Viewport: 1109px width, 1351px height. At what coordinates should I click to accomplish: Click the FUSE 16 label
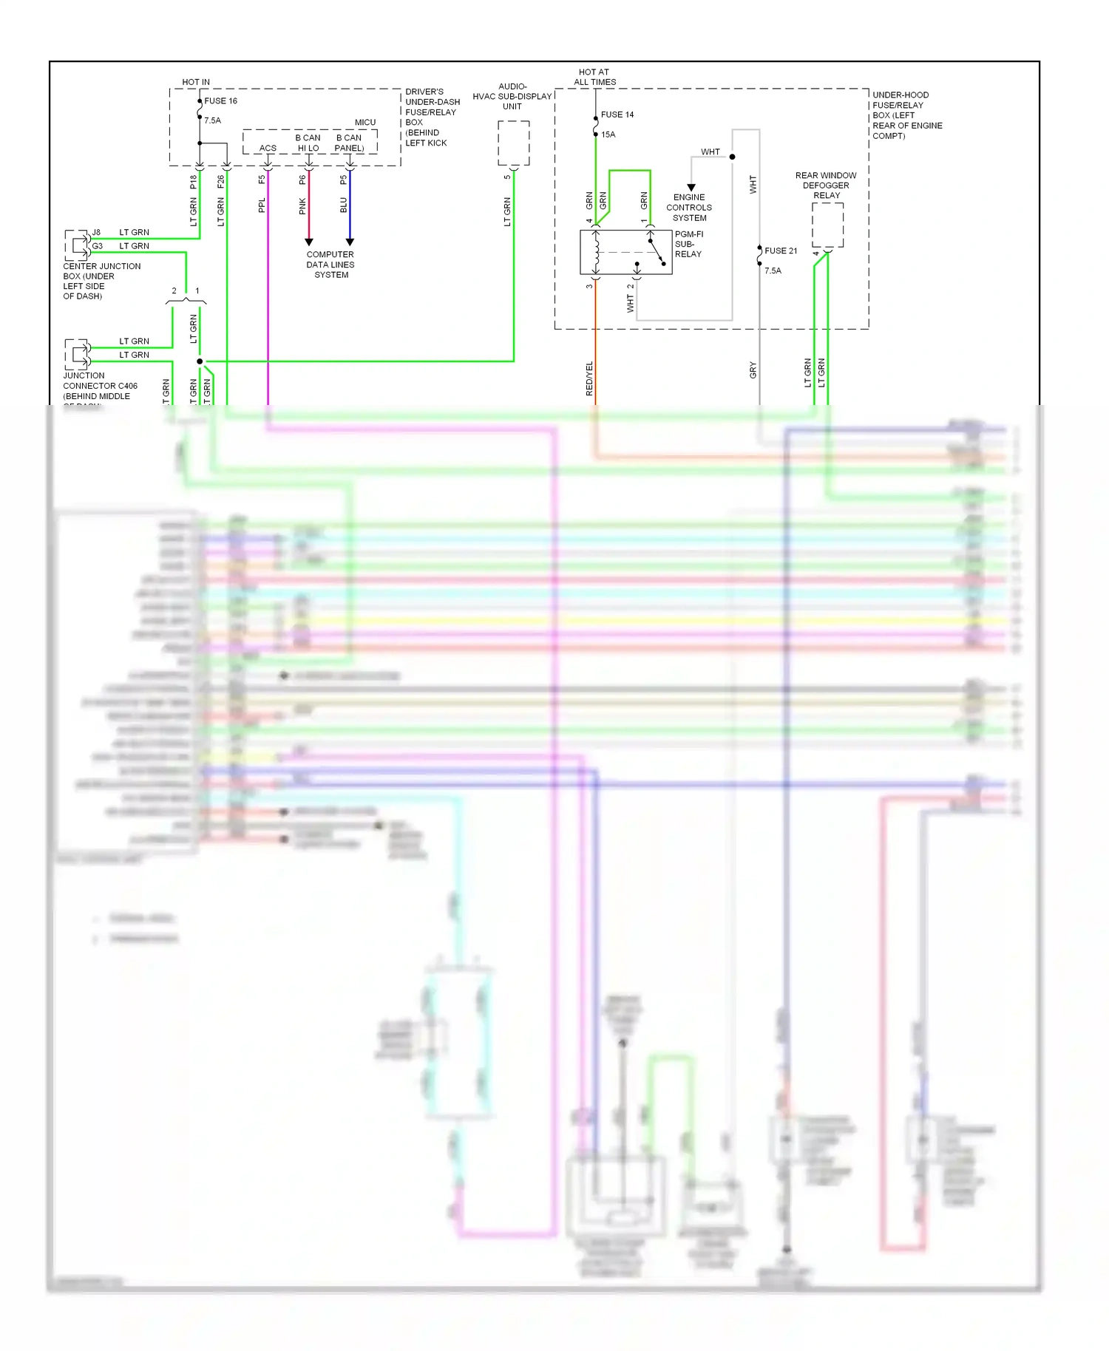(220, 101)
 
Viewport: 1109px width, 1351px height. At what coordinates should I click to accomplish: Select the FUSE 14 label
(617, 115)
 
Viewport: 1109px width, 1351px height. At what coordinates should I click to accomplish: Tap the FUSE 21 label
(780, 251)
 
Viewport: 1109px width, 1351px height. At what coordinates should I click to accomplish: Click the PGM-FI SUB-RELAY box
(625, 252)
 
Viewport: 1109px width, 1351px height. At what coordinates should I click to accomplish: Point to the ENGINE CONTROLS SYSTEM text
(688, 208)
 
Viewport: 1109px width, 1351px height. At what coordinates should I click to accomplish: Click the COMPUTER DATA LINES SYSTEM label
(330, 265)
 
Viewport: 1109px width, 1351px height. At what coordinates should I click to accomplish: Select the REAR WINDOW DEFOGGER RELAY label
(826, 186)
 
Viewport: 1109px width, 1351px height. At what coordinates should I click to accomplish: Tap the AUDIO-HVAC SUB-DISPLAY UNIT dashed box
(513, 143)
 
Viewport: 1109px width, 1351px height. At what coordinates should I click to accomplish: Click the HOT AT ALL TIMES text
(594, 78)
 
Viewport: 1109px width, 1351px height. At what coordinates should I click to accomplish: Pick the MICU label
(365, 123)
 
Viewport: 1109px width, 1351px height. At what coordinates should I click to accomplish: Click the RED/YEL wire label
(589, 378)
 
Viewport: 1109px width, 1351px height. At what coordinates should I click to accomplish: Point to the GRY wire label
(753, 370)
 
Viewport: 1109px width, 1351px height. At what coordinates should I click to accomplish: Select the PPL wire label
(262, 205)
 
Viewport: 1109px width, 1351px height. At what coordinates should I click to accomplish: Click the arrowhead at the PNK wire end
(309, 242)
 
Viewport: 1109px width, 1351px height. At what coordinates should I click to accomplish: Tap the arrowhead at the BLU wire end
(350, 242)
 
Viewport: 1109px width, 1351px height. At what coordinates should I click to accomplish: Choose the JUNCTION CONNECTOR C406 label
(100, 386)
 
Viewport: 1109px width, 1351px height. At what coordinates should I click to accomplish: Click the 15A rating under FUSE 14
(608, 135)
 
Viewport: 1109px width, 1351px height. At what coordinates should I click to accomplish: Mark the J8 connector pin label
(96, 232)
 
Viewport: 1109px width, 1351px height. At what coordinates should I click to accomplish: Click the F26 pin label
(220, 182)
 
